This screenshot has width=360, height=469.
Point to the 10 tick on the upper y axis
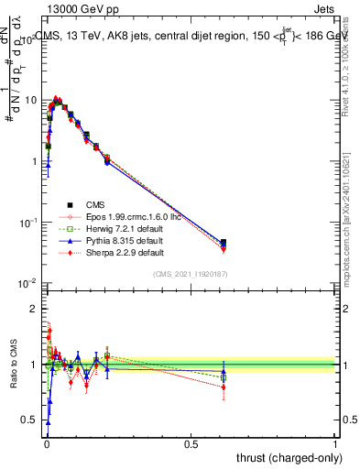30,99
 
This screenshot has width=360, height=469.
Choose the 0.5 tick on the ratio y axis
30,420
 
